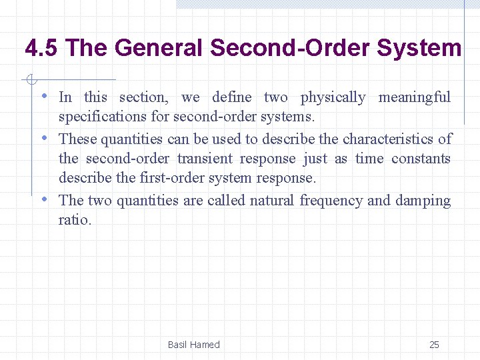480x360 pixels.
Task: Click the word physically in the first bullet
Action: click(x=333, y=97)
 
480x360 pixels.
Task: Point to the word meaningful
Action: click(x=415, y=97)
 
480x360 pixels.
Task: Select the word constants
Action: click(x=421, y=159)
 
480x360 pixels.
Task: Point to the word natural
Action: click(x=273, y=201)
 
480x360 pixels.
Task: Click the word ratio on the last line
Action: click(x=75, y=220)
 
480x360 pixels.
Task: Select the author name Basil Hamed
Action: click(x=193, y=345)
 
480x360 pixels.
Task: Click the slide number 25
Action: click(x=434, y=345)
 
